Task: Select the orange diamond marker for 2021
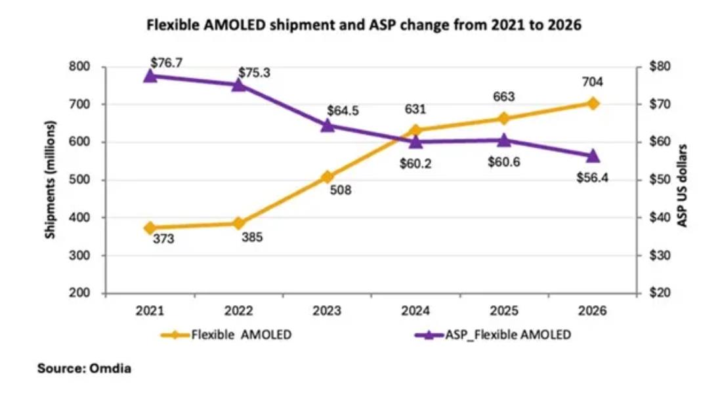point(150,228)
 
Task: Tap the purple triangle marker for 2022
point(239,84)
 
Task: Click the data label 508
point(341,191)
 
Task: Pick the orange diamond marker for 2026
point(593,103)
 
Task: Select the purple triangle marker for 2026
point(593,156)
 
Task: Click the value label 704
point(593,82)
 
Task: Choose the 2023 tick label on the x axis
point(327,310)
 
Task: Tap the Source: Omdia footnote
point(84,369)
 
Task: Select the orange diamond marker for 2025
point(504,119)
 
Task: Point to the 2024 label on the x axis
point(416,310)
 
